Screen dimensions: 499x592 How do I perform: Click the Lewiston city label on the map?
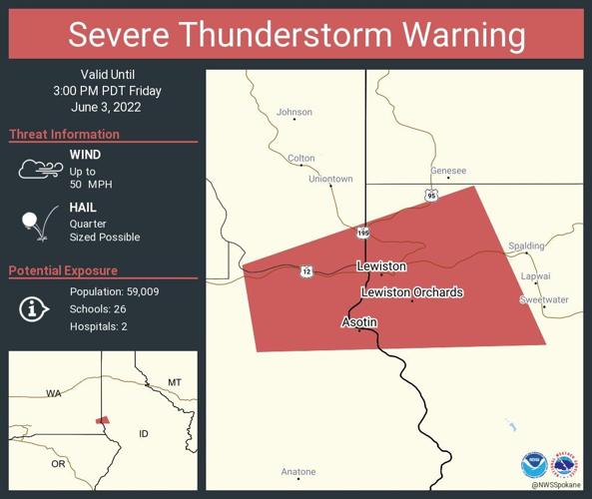point(381,266)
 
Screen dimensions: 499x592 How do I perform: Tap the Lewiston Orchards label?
point(411,292)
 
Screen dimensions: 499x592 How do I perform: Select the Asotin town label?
point(359,322)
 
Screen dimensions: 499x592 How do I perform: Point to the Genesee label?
point(448,171)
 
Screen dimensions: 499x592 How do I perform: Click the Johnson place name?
point(295,112)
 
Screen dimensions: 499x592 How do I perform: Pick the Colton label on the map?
point(300,158)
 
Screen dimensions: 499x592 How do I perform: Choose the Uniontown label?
point(329,179)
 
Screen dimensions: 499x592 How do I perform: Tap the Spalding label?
point(526,246)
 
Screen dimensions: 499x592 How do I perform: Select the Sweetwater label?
point(543,299)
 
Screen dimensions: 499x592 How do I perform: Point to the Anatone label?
point(297,471)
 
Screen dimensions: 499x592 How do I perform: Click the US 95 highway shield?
point(429,196)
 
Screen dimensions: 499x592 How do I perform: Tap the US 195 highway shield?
point(364,233)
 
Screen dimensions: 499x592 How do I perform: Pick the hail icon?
point(38,224)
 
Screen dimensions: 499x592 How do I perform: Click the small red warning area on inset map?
point(102,420)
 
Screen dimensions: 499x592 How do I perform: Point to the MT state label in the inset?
point(174,382)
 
